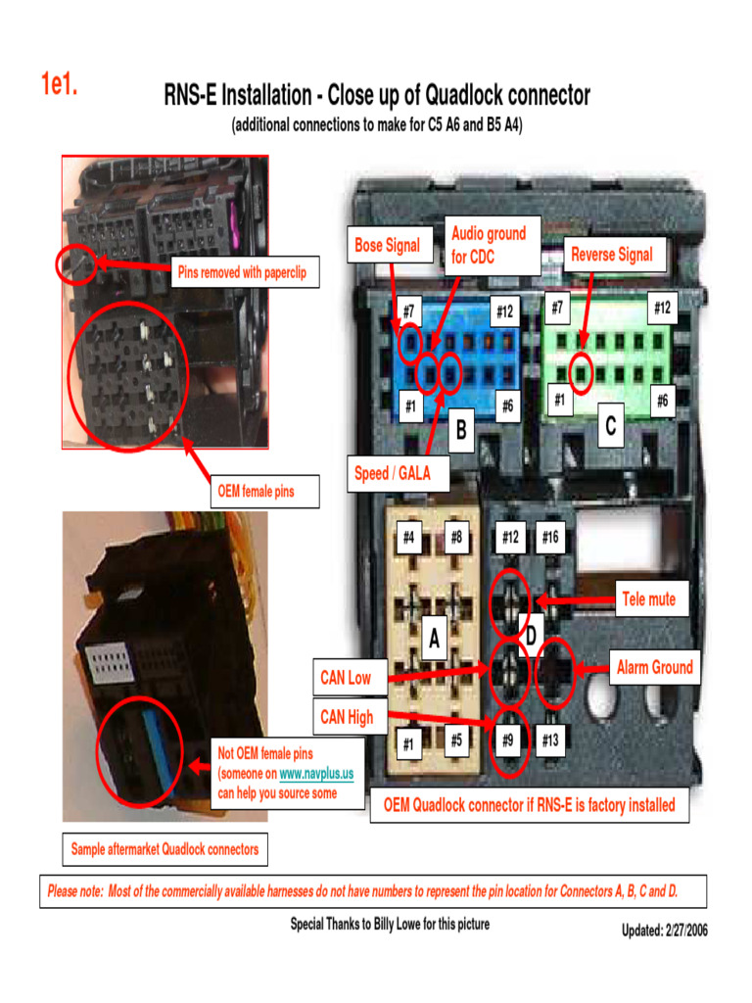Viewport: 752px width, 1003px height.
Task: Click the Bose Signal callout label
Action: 388,246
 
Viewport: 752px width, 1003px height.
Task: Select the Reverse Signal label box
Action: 611,255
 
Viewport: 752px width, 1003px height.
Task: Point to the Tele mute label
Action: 648,598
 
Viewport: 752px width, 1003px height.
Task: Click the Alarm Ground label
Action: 654,668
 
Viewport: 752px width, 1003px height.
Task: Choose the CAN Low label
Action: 346,677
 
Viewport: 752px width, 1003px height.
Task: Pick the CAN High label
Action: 348,717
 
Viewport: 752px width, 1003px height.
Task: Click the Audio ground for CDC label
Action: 490,245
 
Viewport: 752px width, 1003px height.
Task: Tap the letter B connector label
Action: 460,430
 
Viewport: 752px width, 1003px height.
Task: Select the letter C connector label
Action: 611,427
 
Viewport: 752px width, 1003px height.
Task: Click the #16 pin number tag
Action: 549,537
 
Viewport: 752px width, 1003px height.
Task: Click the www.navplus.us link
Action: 316,774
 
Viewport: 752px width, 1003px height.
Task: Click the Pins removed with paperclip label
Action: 242,272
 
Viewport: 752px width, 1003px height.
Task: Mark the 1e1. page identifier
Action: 59,85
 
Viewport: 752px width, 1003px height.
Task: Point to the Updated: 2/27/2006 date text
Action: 664,931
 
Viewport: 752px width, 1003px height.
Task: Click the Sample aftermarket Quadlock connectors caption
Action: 164,849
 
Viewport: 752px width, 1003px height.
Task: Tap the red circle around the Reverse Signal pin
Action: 581,373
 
